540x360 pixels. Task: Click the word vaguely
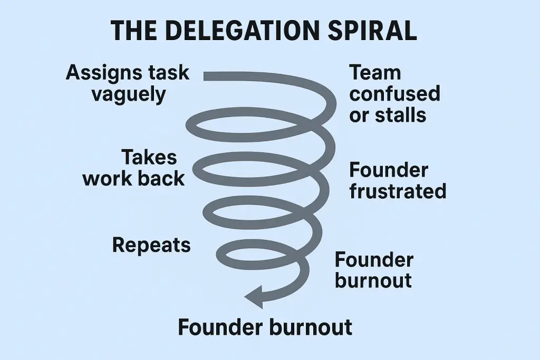click(x=129, y=94)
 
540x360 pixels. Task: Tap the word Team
click(x=375, y=73)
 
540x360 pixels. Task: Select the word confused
click(x=394, y=94)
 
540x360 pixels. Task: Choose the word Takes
click(x=149, y=157)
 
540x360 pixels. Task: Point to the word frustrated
click(x=398, y=191)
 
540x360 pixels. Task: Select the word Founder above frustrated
click(x=389, y=170)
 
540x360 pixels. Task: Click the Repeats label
click(x=151, y=245)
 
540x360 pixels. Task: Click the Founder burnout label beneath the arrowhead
click(x=265, y=327)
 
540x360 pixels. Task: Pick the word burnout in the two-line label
click(x=373, y=280)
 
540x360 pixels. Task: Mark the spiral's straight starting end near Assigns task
click(x=208, y=76)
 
